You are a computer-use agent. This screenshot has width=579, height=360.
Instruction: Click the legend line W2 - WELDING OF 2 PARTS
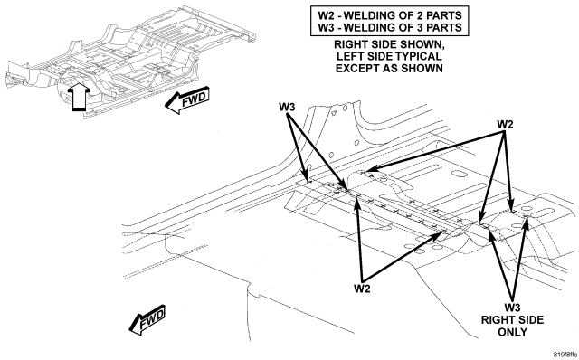point(390,15)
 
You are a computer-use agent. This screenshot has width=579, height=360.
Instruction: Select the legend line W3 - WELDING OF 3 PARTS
point(390,27)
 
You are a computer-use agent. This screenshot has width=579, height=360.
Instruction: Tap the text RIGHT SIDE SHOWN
point(389,44)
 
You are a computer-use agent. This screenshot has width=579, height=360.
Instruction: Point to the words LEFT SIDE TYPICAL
point(389,56)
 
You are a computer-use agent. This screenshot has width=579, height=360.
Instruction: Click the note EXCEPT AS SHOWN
point(389,69)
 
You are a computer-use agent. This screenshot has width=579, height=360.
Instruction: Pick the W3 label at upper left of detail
point(287,107)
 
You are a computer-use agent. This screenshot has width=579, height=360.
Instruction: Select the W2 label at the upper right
point(505,125)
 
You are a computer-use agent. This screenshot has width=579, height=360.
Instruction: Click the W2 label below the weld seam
point(362,289)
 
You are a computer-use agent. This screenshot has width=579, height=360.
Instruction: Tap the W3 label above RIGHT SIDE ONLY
point(513,308)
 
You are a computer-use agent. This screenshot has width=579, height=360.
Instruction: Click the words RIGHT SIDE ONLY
point(513,326)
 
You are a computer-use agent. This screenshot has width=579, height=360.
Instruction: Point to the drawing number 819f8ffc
point(565,355)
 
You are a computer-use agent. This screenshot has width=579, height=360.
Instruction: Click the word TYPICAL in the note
point(419,56)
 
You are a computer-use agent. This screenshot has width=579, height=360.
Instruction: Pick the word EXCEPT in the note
point(356,69)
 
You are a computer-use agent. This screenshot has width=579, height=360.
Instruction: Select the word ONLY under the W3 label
point(513,332)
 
